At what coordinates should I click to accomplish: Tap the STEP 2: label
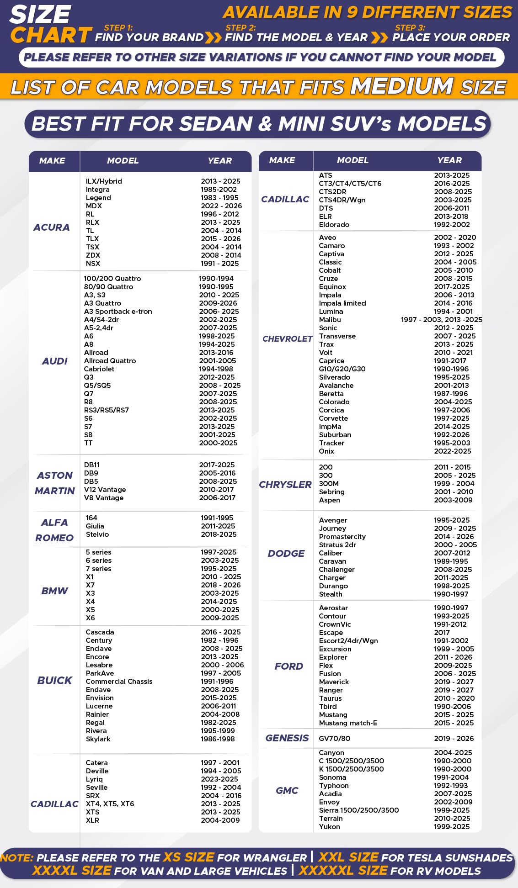tap(240, 28)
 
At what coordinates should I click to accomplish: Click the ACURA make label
tap(52, 227)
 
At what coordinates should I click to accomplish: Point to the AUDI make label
tap(55, 361)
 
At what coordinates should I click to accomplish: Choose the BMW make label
tap(54, 591)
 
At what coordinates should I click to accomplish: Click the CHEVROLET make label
tap(287, 338)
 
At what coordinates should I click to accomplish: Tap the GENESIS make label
tap(287, 738)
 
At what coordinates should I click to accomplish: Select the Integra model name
tap(97, 190)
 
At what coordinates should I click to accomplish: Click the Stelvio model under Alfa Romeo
tap(97, 534)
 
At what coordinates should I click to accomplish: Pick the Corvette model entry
tap(333, 418)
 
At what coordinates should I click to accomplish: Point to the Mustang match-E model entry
tap(348, 723)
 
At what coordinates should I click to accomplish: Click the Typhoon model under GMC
tap(334, 786)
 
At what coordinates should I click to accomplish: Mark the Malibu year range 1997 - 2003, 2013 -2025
tap(441, 320)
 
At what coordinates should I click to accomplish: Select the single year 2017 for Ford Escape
tap(442, 633)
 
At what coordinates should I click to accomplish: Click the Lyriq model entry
tap(94, 779)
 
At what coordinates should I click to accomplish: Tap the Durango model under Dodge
tap(333, 586)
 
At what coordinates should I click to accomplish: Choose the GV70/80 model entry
tap(335, 739)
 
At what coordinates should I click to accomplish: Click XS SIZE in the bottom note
tap(189, 857)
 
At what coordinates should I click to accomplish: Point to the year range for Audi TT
tap(218, 443)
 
